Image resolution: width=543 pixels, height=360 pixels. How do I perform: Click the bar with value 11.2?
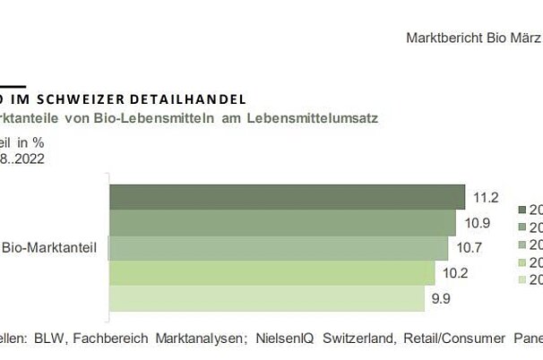pos(287,197)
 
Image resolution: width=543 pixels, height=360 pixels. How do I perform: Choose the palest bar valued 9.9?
pos(266,297)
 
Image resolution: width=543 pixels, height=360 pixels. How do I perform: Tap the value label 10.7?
pos(468,244)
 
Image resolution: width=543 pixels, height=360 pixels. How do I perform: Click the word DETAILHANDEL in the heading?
pos(193,97)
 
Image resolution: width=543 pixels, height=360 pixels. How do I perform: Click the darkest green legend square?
pos(523,209)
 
